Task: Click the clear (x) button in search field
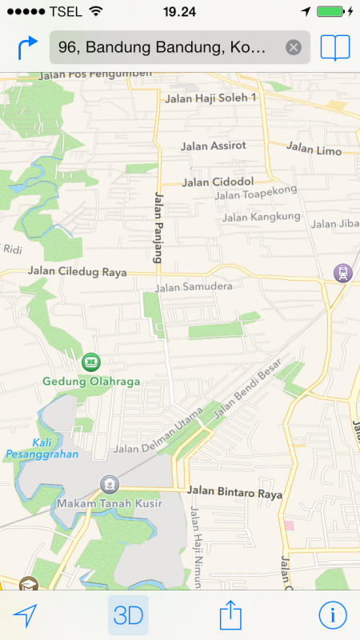click(x=294, y=48)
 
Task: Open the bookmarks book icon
click(x=335, y=48)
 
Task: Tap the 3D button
click(x=128, y=615)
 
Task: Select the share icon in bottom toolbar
click(x=230, y=615)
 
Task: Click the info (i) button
click(x=333, y=614)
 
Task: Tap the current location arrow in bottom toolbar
click(x=26, y=615)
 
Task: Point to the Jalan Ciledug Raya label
click(x=78, y=272)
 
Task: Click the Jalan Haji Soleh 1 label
click(x=210, y=98)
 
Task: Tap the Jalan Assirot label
click(x=214, y=146)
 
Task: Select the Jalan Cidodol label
click(x=218, y=182)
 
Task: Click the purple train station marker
click(x=342, y=273)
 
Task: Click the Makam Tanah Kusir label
click(x=110, y=504)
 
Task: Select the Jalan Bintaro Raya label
click(x=235, y=494)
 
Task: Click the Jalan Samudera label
click(x=194, y=286)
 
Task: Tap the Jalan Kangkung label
click(x=262, y=217)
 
